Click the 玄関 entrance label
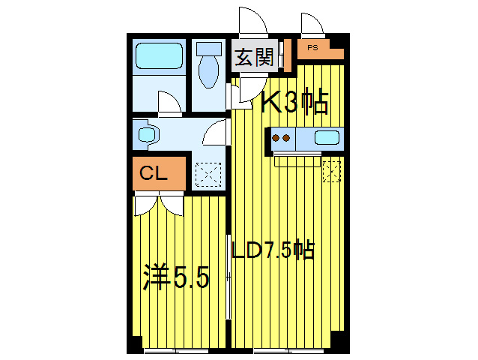click(x=253, y=58)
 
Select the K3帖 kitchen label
click(x=294, y=102)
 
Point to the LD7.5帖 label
click(x=271, y=250)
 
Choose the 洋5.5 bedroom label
click(x=176, y=278)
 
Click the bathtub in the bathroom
click(x=159, y=56)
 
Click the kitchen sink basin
click(x=327, y=137)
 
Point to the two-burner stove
click(x=282, y=138)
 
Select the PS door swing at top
click(x=312, y=24)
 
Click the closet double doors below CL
click(x=159, y=205)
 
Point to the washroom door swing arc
click(x=214, y=133)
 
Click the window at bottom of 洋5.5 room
click(x=175, y=350)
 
